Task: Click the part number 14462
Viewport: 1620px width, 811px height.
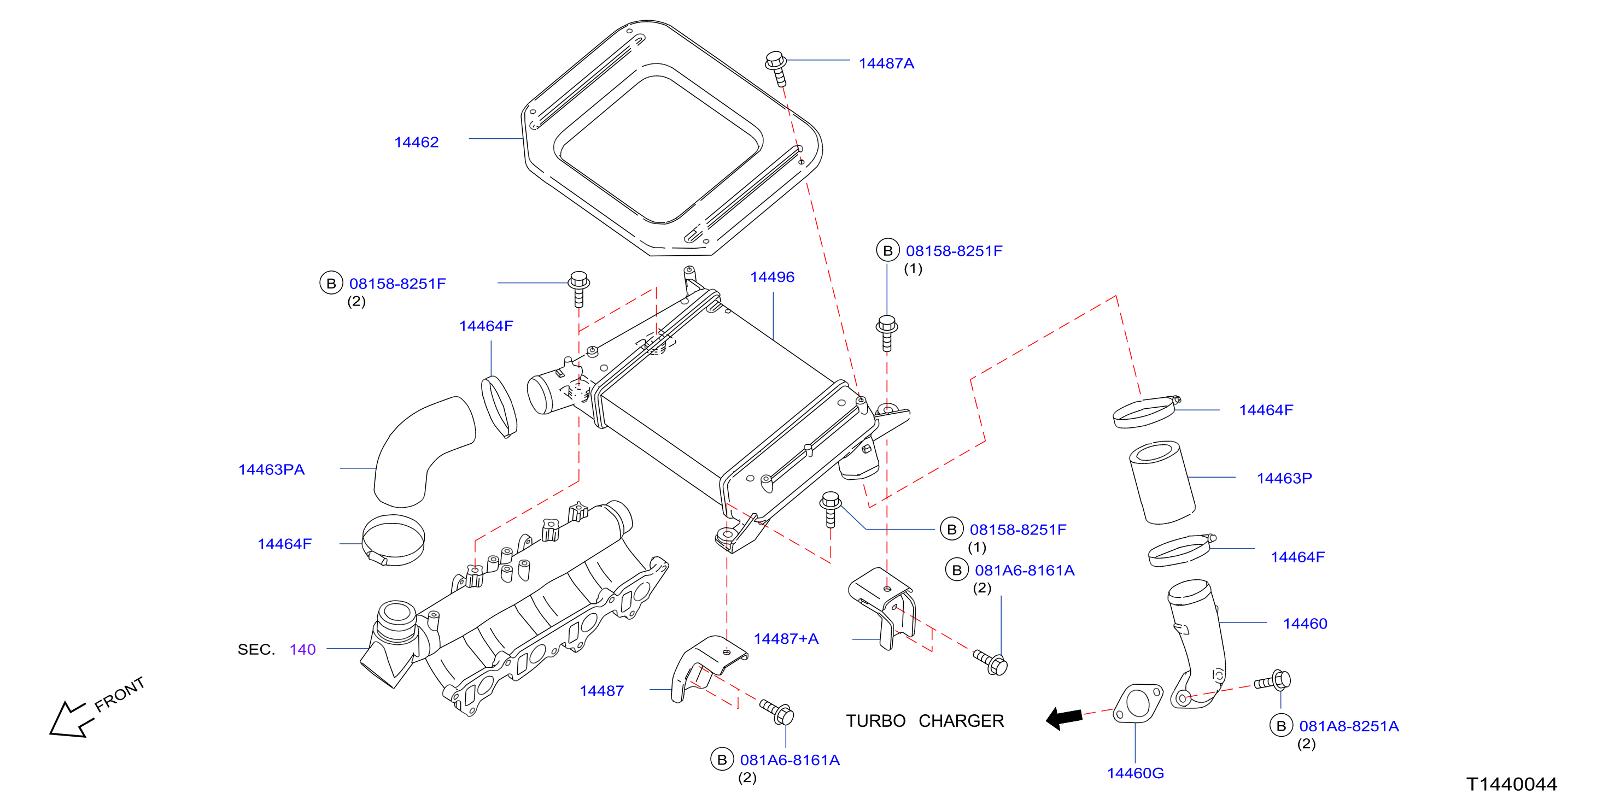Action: (x=416, y=142)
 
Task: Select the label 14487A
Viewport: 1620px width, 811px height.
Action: (x=886, y=63)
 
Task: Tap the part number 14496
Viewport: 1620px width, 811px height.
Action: (x=772, y=277)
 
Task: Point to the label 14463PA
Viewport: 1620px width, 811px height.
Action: (x=271, y=469)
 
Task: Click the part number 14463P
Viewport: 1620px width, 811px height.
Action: (x=1284, y=478)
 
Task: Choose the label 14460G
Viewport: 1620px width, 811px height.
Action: (x=1135, y=773)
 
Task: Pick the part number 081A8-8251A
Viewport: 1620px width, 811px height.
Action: (x=1349, y=726)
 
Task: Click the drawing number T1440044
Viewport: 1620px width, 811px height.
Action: (x=1512, y=784)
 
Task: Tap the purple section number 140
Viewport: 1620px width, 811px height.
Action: (x=302, y=649)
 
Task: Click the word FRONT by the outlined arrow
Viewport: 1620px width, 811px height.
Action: (x=120, y=694)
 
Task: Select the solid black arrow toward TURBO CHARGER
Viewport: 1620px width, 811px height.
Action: (x=1064, y=718)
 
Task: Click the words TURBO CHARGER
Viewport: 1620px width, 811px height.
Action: (x=925, y=721)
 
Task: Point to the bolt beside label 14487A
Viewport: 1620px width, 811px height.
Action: (x=777, y=68)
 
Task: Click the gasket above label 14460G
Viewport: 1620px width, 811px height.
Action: (x=1138, y=703)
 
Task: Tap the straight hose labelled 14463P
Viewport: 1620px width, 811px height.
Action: (x=1162, y=482)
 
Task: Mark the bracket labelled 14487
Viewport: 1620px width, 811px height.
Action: (x=707, y=668)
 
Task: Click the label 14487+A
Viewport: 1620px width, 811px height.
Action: (x=786, y=639)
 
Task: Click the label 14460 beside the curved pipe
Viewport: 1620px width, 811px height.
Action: (x=1305, y=624)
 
